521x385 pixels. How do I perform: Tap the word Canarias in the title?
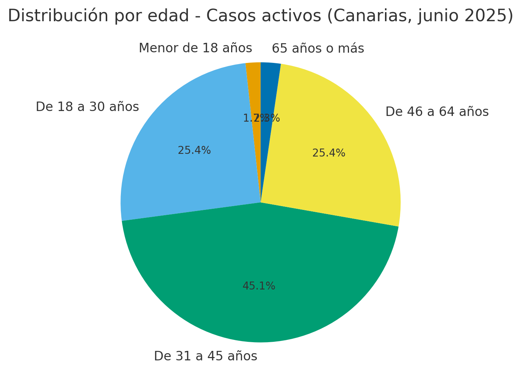[365, 16]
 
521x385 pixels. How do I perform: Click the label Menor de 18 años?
[195, 49]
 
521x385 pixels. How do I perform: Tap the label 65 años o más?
[318, 49]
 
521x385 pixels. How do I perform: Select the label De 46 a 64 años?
[437, 112]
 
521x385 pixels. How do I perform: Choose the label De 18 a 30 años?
[87, 107]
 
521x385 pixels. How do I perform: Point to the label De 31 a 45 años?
[205, 356]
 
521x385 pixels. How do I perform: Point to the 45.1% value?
[259, 286]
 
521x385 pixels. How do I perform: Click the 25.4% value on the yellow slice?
[329, 153]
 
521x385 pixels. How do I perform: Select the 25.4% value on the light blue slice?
[194, 150]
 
